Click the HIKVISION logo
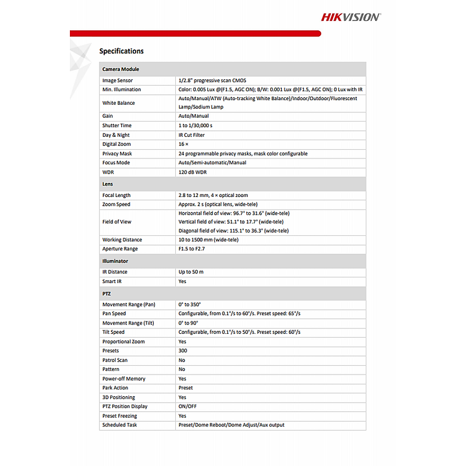coord(351,17)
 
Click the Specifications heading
coord(121,51)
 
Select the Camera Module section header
coord(121,69)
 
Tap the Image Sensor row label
coord(118,80)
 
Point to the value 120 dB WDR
coord(192,172)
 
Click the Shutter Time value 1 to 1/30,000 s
coord(195,126)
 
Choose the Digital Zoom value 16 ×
coord(183,144)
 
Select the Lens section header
coord(108,184)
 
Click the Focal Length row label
coord(116,196)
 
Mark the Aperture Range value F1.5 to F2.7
coord(192,249)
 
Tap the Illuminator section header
coord(115,261)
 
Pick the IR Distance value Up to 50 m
coord(191,272)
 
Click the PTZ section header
coord(107,294)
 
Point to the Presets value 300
coord(183,351)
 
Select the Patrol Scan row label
coord(115,361)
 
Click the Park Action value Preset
coord(185,388)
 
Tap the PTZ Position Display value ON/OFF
coord(187,407)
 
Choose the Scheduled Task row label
coord(120,425)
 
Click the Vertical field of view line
coord(231,222)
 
